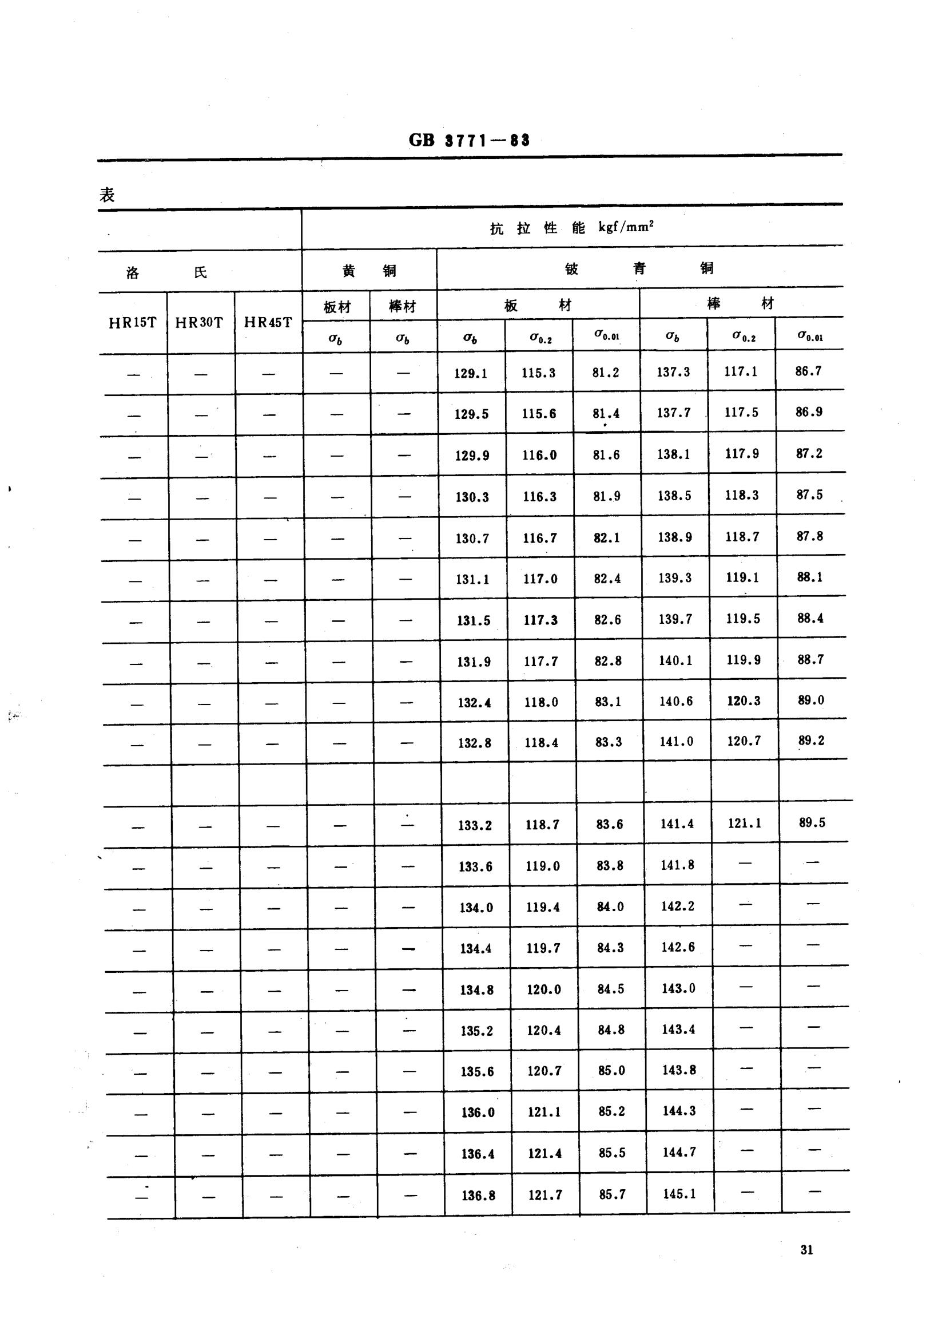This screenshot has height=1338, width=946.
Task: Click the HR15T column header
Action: [x=133, y=323]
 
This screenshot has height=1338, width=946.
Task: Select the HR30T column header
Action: [x=199, y=323]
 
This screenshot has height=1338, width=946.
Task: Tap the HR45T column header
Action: [x=268, y=323]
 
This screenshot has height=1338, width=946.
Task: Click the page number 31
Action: [x=807, y=1250]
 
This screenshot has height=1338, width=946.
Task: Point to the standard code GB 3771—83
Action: [x=470, y=140]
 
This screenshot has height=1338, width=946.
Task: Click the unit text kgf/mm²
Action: [x=626, y=227]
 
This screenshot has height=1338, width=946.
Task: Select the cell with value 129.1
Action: [x=471, y=374]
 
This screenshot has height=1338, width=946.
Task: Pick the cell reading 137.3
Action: [x=673, y=372]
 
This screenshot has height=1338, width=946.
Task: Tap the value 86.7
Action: [x=809, y=371]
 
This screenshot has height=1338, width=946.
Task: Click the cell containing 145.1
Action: [x=679, y=1194]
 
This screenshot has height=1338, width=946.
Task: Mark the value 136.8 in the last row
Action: [x=478, y=1196]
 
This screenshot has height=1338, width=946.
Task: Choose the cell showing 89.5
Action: [x=812, y=823]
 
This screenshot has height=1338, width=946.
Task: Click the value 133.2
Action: [x=475, y=825]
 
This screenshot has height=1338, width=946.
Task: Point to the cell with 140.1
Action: [x=675, y=660]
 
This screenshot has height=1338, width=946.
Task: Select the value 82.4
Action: [x=607, y=579]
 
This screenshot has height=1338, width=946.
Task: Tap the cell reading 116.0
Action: [x=539, y=455]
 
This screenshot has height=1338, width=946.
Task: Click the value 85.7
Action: [x=612, y=1195]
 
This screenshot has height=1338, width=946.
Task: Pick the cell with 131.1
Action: [x=473, y=579]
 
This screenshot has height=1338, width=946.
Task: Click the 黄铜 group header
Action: [x=369, y=271]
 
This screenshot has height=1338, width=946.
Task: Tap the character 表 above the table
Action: [x=107, y=195]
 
